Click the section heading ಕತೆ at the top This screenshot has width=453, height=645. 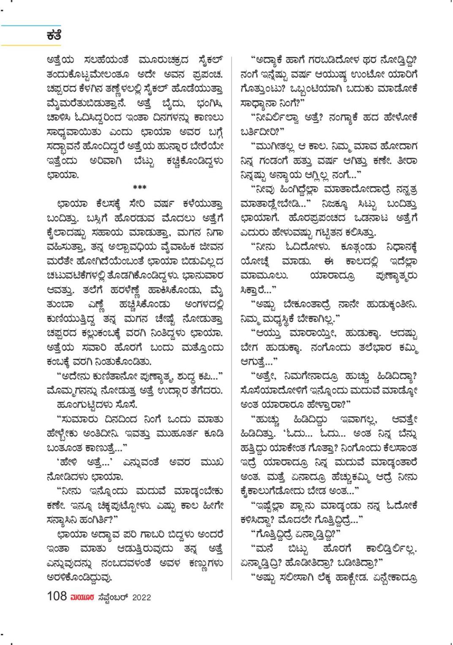[x=54, y=36]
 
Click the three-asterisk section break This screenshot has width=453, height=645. [x=140, y=187]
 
